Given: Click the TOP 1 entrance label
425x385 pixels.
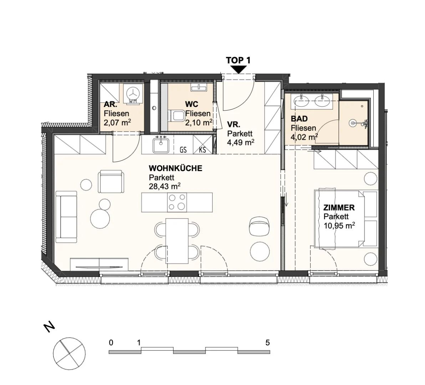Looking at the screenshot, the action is (238, 60).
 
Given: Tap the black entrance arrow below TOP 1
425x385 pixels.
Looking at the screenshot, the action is (238, 70).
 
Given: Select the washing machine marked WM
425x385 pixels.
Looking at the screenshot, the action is (133, 93).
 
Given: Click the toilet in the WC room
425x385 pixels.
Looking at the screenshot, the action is (176, 115).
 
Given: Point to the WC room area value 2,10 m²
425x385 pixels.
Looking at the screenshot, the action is (199, 123).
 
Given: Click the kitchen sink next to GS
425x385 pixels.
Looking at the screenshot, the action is (161, 145).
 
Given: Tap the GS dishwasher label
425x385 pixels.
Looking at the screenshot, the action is (183, 150).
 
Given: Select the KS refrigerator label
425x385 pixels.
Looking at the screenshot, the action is (203, 150).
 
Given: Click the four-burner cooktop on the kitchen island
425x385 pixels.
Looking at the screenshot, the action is (177, 202).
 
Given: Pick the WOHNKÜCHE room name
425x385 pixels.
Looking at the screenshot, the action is (175, 168).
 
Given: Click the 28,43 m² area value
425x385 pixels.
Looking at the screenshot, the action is (165, 186).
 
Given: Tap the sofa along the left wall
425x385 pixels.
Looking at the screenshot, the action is (66, 217).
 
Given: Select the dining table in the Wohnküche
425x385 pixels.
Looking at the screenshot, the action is (177, 241).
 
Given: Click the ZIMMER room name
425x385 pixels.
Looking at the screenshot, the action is (339, 207).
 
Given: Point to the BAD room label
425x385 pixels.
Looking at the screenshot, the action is (299, 119).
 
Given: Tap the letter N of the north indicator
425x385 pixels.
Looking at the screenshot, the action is (49, 327).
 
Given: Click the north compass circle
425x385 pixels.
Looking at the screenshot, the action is (70, 354).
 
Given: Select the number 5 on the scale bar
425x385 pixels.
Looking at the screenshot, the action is (267, 343).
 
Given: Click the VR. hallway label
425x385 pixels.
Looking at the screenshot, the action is (234, 125).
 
